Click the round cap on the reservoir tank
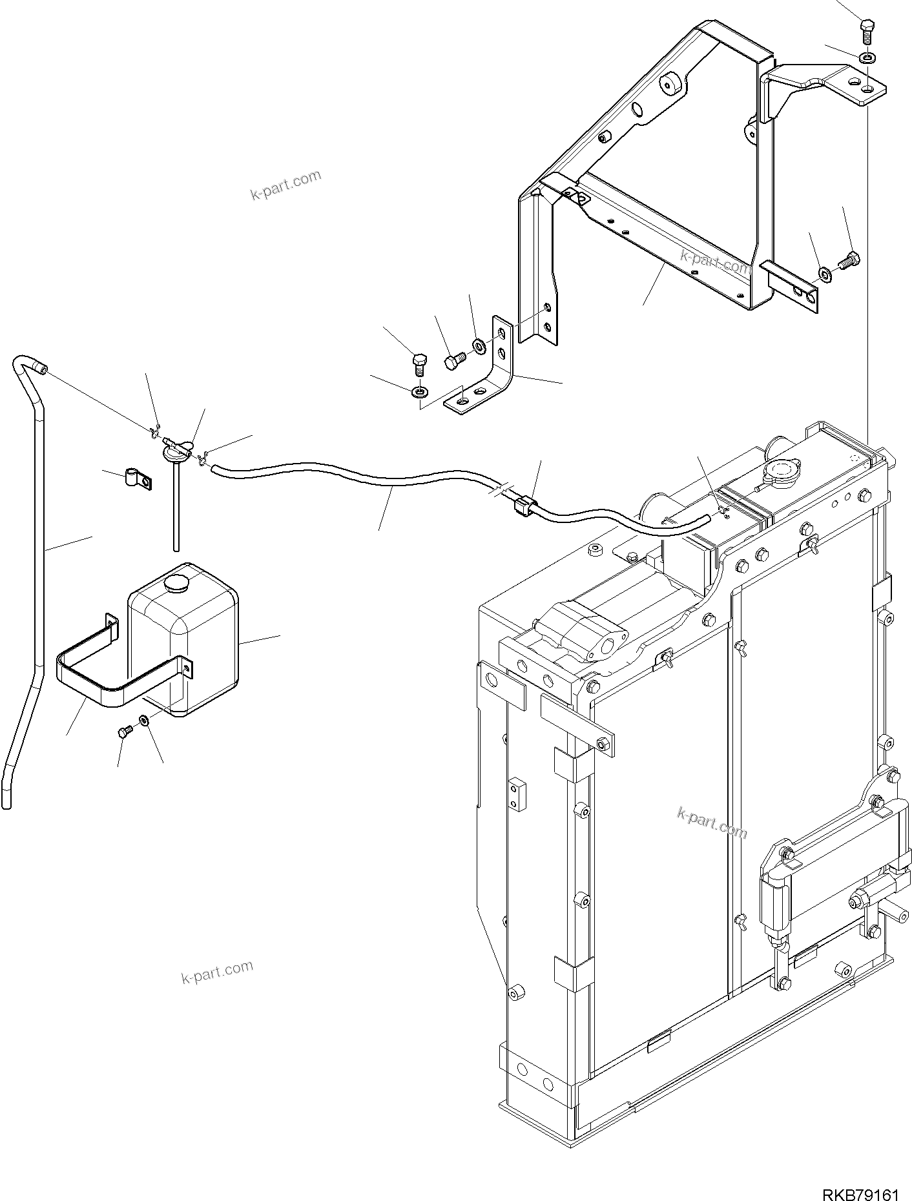pyautogui.click(x=176, y=584)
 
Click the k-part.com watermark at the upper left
pyautogui.click(x=285, y=185)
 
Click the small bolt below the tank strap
pyautogui.click(x=125, y=732)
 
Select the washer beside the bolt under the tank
pyautogui.click(x=143, y=719)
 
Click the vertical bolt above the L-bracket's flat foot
pyautogui.click(x=419, y=363)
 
